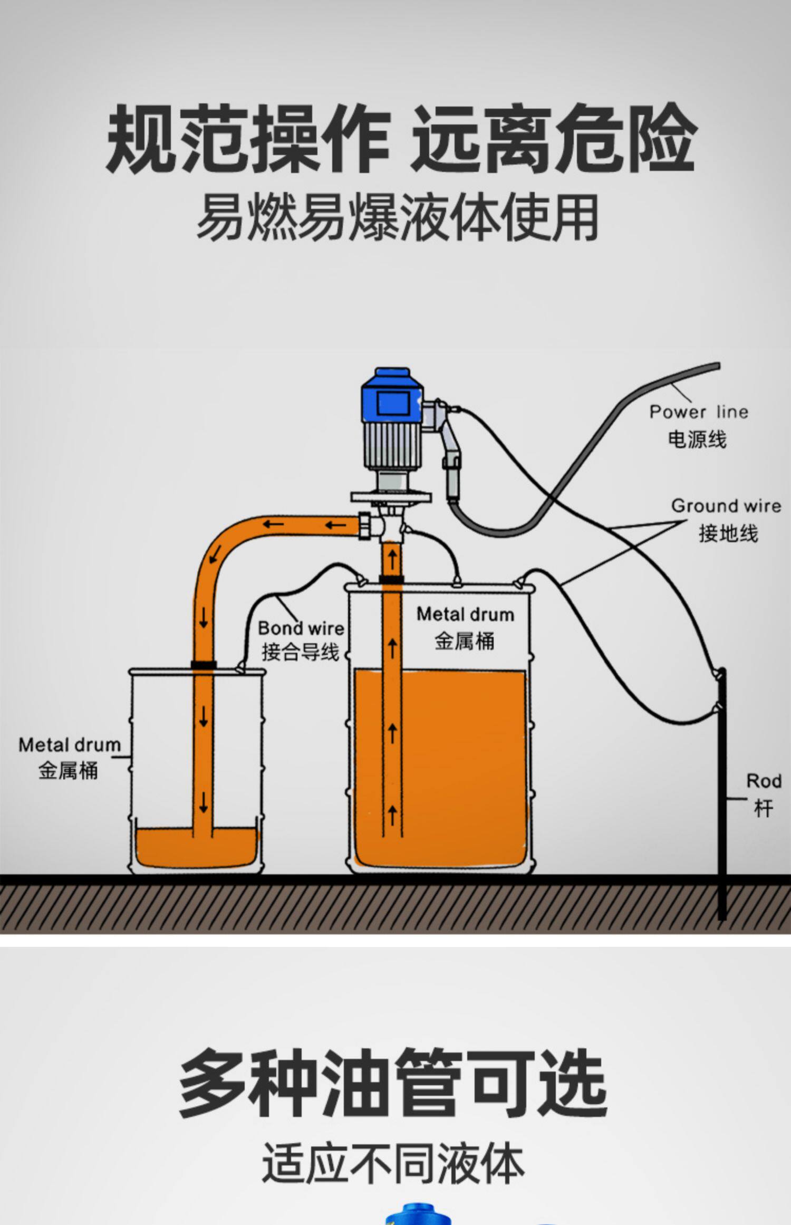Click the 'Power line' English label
[x=698, y=411]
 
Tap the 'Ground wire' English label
[x=726, y=506]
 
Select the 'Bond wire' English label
[x=301, y=628]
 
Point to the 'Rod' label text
[x=763, y=781]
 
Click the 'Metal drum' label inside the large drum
[x=465, y=615]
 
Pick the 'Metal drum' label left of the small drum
[x=70, y=745]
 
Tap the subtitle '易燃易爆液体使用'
[x=398, y=217]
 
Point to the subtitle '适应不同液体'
[x=393, y=1163]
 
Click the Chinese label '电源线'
[x=697, y=439]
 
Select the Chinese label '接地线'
[x=728, y=533]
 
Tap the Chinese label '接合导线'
[x=300, y=653]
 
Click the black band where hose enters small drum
[x=204, y=665]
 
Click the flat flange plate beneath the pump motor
[x=391, y=496]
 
